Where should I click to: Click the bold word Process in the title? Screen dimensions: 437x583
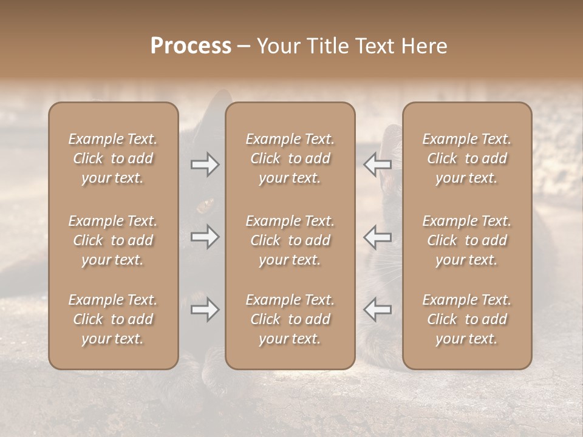(191, 46)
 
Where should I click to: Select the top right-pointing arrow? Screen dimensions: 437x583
(205, 164)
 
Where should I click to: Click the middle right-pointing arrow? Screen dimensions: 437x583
(205, 237)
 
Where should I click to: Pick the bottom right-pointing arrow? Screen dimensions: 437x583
(205, 310)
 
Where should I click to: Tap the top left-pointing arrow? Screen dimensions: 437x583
(377, 164)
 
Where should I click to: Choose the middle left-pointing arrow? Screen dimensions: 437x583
(377, 237)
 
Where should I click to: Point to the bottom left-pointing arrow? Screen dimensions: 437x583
(377, 310)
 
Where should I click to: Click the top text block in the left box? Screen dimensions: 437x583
(113, 158)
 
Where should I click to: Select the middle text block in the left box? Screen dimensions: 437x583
(113, 240)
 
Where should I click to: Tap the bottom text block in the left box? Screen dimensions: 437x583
(113, 319)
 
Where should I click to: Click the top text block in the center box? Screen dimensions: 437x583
(290, 158)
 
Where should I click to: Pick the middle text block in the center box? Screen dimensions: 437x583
(290, 240)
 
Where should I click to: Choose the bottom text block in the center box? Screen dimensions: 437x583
(290, 319)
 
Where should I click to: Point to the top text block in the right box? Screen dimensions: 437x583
(466, 158)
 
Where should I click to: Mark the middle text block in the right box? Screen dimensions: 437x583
(466, 240)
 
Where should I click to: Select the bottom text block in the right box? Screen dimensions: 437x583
(466, 319)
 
